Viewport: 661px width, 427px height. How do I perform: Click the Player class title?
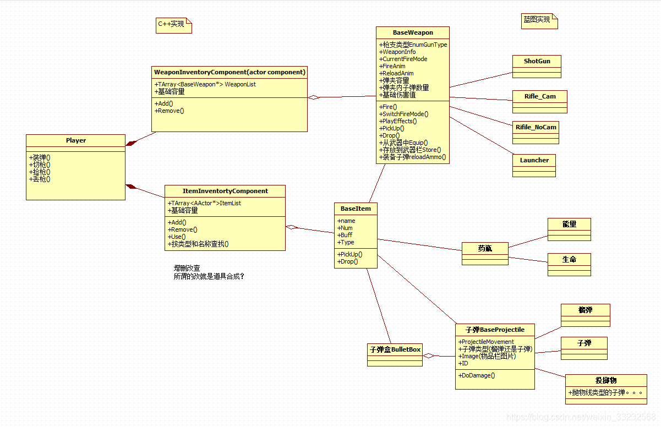tap(76, 140)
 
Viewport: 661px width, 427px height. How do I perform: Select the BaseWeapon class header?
tap(413, 32)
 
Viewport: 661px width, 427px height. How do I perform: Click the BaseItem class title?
tap(356, 209)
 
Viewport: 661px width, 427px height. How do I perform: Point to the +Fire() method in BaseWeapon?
tap(389, 107)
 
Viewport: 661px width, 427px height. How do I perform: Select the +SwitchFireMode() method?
tap(405, 114)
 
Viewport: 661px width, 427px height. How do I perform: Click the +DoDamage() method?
tap(477, 375)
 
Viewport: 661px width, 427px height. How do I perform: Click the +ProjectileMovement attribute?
tap(486, 342)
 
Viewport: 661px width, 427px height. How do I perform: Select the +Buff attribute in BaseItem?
tap(345, 235)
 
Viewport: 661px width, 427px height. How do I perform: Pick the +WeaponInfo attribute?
tap(397, 52)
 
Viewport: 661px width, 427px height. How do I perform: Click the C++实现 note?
tap(172, 24)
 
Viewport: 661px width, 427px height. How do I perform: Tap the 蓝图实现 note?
tap(538, 20)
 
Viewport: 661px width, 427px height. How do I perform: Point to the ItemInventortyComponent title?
tap(225, 191)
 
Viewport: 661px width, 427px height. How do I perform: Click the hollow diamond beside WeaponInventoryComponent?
tap(313, 97)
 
